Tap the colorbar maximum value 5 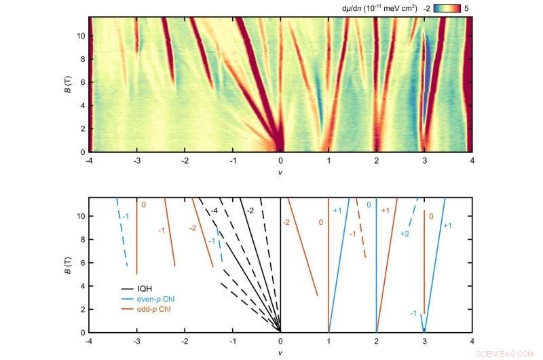click(466, 8)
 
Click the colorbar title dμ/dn click(354, 8)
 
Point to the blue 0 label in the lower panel click(369, 204)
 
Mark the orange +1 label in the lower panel click(385, 211)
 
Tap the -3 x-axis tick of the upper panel click(137, 160)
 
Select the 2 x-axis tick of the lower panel click(376, 340)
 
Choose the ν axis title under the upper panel click(280, 172)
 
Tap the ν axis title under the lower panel click(280, 352)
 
